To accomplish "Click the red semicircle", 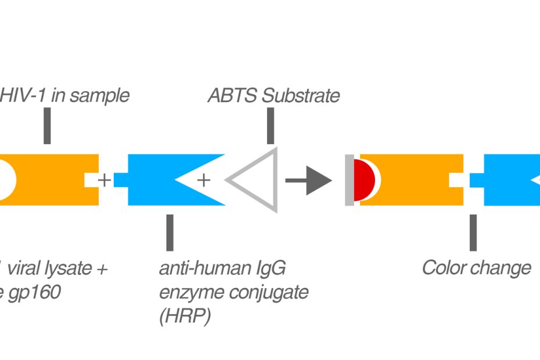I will tap(364, 180).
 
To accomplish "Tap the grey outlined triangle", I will tap(255, 180).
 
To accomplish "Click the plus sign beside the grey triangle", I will tap(203, 180).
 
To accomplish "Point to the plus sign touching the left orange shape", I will tap(104, 180).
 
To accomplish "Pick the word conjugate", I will tap(269, 293).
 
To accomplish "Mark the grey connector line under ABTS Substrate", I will tap(270, 126).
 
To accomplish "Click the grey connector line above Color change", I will tap(473, 232).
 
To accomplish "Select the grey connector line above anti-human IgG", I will tap(170, 232).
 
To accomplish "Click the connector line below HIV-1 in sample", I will tap(47, 126).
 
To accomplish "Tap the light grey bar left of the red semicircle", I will tap(349, 180).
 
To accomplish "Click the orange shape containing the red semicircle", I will tap(418, 180).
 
